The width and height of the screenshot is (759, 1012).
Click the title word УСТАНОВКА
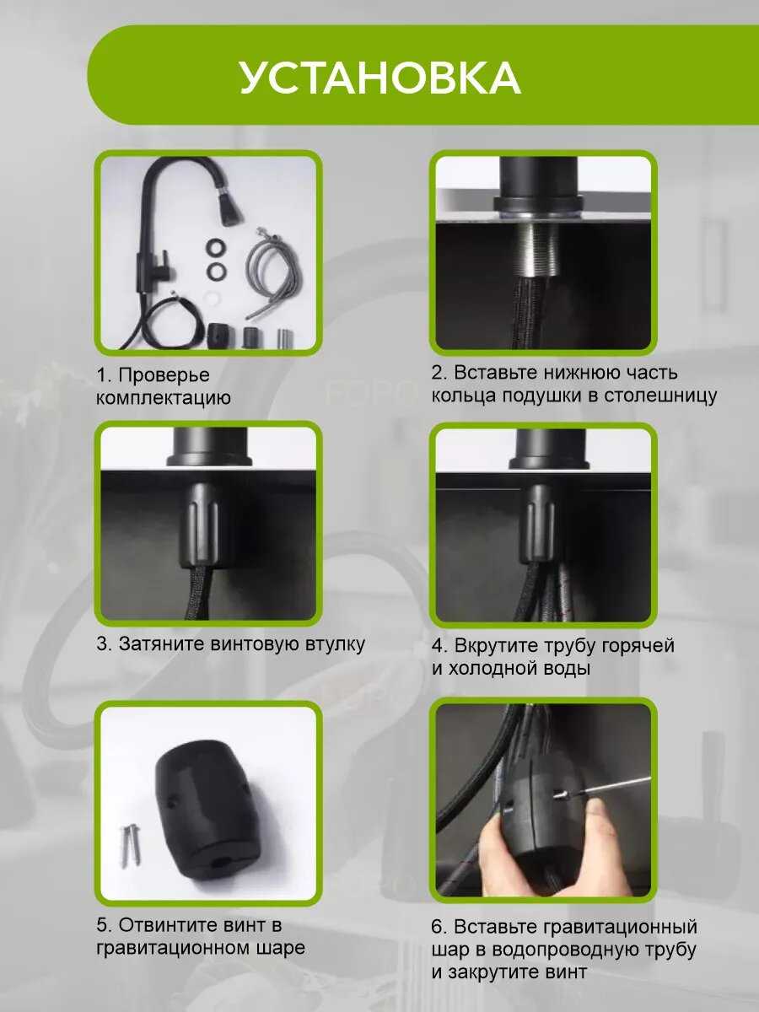pos(380,78)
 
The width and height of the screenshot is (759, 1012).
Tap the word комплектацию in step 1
pos(164,398)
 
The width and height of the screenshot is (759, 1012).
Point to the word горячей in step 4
pos(638,645)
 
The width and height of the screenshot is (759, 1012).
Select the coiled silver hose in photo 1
pos(266,275)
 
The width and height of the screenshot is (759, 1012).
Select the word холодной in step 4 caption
pos(490,668)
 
